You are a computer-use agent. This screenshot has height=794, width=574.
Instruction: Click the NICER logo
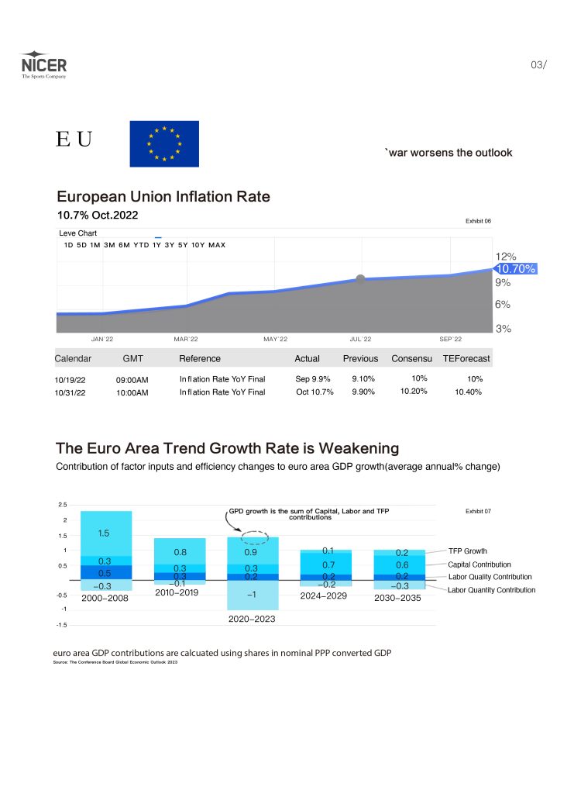[x=43, y=66]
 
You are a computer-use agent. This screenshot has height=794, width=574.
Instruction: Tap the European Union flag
[x=164, y=143]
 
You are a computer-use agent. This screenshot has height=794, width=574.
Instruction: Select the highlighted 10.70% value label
[x=516, y=269]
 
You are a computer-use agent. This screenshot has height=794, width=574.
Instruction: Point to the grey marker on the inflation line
[x=360, y=278]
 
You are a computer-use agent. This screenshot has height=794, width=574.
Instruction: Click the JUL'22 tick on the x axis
[x=361, y=339]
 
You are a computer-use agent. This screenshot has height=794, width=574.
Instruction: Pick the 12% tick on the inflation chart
[x=506, y=256]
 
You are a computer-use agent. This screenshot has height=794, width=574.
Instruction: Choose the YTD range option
[x=141, y=245]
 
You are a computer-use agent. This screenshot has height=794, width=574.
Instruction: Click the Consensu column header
[x=411, y=358]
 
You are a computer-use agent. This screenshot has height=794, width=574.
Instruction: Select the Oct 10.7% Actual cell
[x=314, y=392]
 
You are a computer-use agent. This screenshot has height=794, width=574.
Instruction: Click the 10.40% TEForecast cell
[x=468, y=392]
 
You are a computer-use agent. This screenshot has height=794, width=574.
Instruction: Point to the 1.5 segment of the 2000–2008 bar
[x=104, y=533]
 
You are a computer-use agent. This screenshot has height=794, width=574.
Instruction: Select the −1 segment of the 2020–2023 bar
[x=252, y=595]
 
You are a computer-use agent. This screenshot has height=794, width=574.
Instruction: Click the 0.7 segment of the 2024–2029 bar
[x=328, y=565]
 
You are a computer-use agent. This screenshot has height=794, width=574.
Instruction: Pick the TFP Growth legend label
[x=468, y=551]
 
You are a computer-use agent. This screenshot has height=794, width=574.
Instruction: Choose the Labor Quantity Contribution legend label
[x=491, y=590]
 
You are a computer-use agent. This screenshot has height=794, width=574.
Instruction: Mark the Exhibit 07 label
[x=478, y=512]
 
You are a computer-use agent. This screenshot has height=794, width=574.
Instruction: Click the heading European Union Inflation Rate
[x=163, y=197]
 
